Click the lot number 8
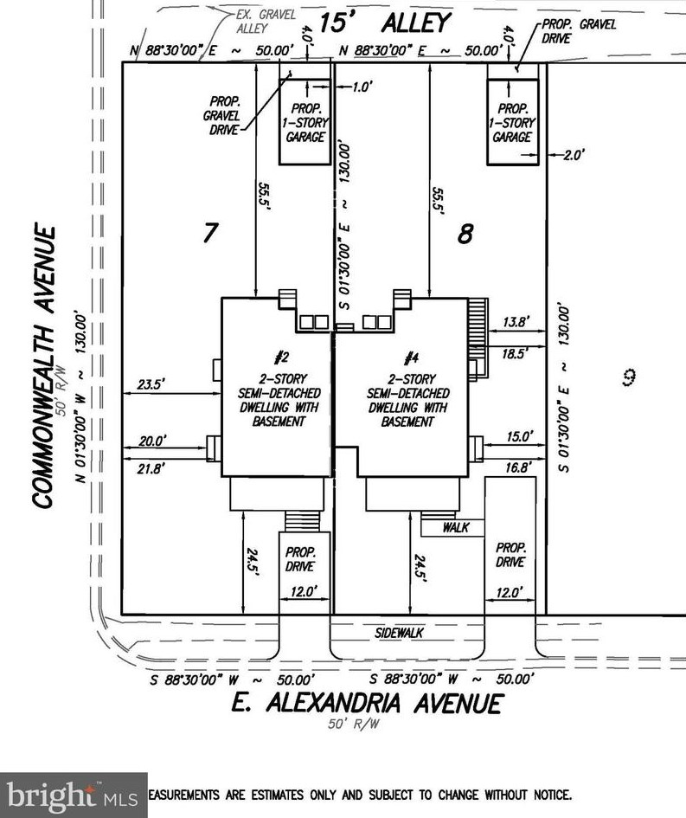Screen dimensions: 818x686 (465, 233)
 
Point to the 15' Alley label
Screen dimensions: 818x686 (385, 22)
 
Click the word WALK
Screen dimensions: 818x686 (455, 526)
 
